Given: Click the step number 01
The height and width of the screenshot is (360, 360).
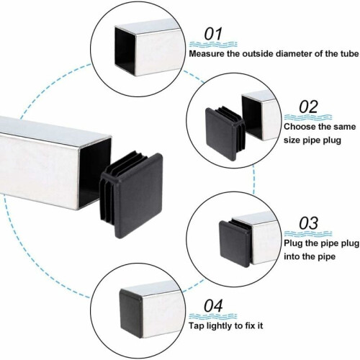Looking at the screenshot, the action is (x=213, y=34).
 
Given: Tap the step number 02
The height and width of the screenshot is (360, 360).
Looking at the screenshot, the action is (x=308, y=107).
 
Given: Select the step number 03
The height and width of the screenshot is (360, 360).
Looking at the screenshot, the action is (x=308, y=223).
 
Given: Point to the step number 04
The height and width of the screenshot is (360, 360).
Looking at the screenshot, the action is (x=213, y=306).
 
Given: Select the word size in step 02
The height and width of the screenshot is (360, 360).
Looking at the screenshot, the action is (x=292, y=140).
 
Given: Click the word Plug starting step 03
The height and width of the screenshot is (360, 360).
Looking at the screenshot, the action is (x=293, y=243).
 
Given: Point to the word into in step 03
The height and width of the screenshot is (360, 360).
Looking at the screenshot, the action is (x=292, y=256).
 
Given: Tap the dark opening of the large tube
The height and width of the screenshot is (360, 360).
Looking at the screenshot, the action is (x=96, y=172).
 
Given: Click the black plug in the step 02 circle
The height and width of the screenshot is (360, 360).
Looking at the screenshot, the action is (x=225, y=133).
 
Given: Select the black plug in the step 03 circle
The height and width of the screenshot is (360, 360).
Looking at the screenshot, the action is (x=235, y=243).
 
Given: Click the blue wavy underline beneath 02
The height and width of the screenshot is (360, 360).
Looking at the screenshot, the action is (x=308, y=117).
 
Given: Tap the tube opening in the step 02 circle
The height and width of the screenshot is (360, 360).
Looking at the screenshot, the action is (x=251, y=117).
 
